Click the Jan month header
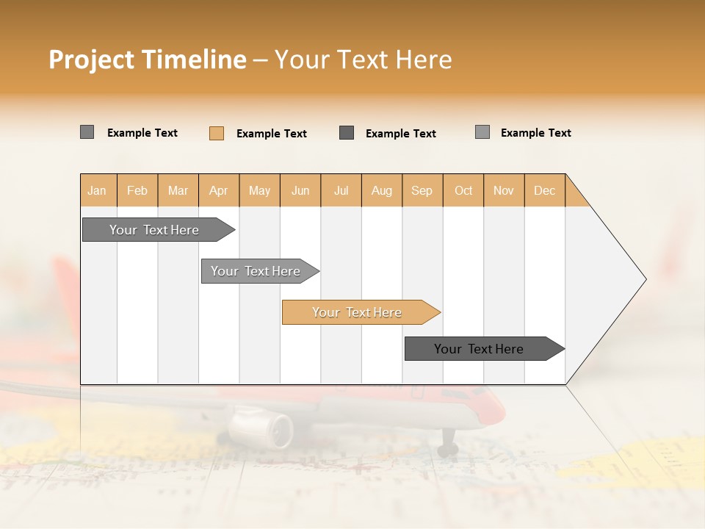tap(97, 190)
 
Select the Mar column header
tap(178, 190)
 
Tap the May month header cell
tap(259, 190)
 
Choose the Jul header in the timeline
tap(341, 190)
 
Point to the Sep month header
tap(422, 190)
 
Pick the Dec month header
tap(544, 190)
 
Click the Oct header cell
tap(463, 190)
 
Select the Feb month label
tap(137, 190)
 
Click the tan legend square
tap(217, 133)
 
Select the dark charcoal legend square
tap(347, 133)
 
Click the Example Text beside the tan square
tap(271, 134)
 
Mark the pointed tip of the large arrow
tap(645, 279)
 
